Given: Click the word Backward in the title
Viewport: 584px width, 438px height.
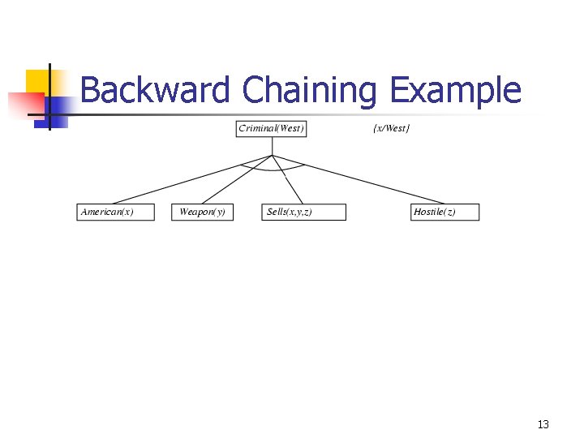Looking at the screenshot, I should point(155,90).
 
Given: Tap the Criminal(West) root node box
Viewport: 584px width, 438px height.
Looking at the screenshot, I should point(272,129).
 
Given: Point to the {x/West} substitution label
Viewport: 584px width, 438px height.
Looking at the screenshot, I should point(391,129).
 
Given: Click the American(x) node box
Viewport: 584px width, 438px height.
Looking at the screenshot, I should point(115,212).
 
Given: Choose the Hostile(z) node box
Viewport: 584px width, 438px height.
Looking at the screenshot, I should point(444,212).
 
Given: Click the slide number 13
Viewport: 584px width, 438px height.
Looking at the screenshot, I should point(543,424).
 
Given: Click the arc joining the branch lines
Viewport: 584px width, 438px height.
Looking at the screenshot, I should point(272,170).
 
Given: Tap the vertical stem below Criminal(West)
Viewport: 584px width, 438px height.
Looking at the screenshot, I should point(272,146).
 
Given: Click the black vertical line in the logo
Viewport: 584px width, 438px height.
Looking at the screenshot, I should point(49,97).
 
